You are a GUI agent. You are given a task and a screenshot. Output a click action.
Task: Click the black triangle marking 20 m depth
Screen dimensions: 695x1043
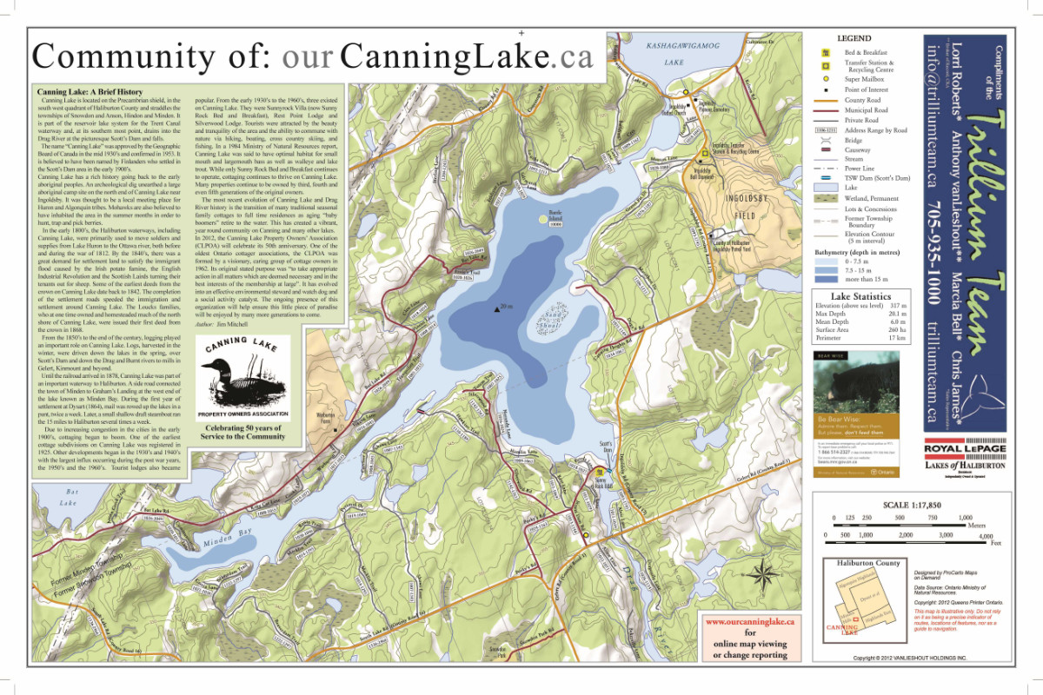coord(496,307)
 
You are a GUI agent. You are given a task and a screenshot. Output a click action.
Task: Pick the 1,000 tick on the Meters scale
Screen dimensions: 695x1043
coord(964,519)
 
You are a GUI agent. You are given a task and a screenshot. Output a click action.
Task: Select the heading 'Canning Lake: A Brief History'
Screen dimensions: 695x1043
coord(89,90)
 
